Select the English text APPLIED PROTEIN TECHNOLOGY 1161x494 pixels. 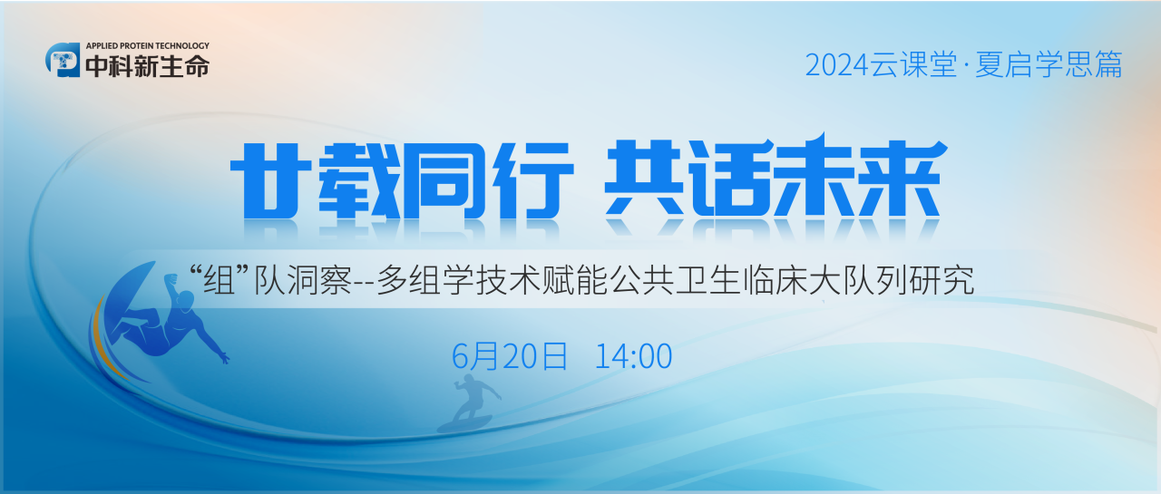[147, 44]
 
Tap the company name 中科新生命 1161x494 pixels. [147, 66]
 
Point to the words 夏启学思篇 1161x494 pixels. [1049, 65]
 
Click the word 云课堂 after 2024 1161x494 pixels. [915, 65]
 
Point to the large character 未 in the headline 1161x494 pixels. [816, 177]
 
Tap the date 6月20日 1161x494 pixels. [510, 356]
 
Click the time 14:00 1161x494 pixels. [633, 356]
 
